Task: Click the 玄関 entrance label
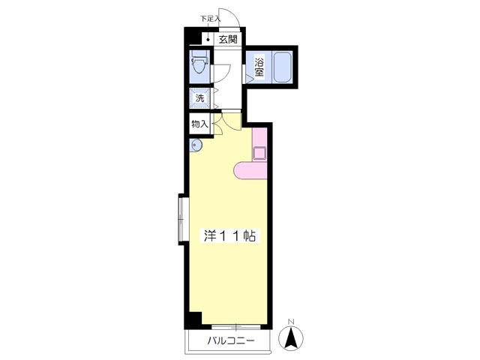point(228,40)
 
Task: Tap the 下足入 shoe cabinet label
point(210,18)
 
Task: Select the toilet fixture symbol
point(199,62)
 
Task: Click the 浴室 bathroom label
point(259,67)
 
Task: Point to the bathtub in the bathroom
point(283,67)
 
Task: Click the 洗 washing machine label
point(199,98)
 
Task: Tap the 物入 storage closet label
point(199,124)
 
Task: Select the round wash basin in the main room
point(195,145)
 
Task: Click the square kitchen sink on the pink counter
point(259,153)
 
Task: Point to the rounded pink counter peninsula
point(250,170)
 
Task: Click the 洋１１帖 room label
point(230,235)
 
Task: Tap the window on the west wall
point(183,219)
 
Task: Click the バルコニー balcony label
point(231,340)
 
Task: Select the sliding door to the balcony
point(235,327)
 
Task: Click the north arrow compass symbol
point(291,338)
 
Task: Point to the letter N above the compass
point(291,322)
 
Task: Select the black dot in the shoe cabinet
point(208,40)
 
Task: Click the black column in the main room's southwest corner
point(194,319)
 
